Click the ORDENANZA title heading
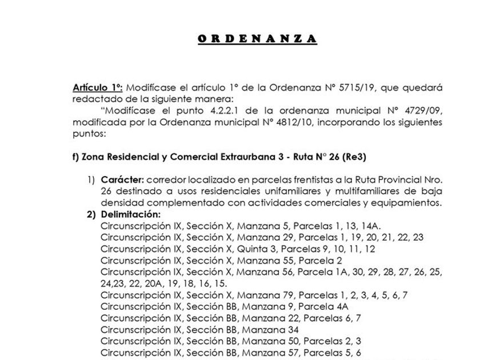tap(257, 39)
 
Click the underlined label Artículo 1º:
tap(97, 88)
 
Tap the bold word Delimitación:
tap(131, 214)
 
